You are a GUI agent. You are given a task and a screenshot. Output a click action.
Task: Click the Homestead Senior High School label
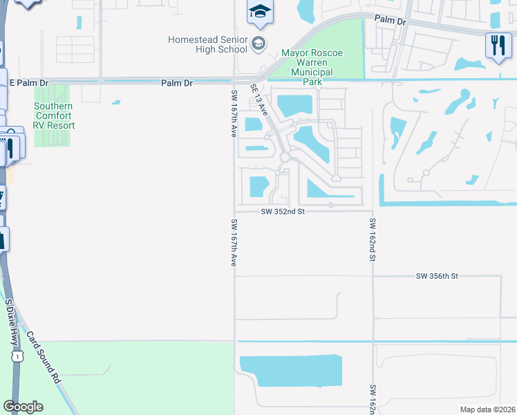coord(207,44)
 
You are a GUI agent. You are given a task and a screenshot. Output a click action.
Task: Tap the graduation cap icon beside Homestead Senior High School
coord(258,44)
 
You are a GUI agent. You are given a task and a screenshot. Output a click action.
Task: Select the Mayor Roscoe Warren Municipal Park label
coord(312,67)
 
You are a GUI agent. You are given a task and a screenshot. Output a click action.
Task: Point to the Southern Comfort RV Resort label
coord(55,116)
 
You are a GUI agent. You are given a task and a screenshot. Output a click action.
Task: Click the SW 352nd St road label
coord(283,212)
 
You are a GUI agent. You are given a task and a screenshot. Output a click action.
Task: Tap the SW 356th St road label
coord(438,276)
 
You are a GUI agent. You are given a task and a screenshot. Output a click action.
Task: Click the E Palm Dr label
coord(31,82)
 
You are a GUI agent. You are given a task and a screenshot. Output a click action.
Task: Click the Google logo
coord(23,407)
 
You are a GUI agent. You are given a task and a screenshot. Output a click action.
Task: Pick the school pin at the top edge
coord(261,12)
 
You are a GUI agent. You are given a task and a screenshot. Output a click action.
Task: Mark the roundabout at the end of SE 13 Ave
coord(285,158)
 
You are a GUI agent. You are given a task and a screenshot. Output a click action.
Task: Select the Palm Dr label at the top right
coord(391,21)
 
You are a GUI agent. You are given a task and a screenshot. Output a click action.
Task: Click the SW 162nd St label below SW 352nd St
coord(372,239)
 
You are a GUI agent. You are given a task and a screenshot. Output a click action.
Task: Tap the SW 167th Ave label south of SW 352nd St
coord(234,243)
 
